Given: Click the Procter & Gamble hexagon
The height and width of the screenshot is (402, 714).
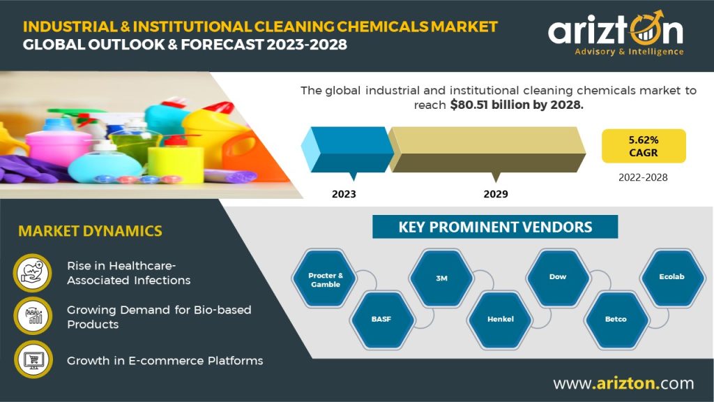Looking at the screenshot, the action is (x=325, y=278).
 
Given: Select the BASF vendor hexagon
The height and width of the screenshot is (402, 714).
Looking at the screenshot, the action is (x=381, y=320).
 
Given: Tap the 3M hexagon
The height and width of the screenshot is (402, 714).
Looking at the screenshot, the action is (x=441, y=278).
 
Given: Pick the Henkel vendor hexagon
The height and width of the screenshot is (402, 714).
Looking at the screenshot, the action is (x=500, y=320).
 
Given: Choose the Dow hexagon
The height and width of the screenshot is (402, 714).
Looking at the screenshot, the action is (x=559, y=278).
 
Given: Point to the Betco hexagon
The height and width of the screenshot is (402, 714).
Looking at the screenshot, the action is (x=616, y=320).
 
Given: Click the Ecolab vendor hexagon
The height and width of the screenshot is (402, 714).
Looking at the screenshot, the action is (x=672, y=278).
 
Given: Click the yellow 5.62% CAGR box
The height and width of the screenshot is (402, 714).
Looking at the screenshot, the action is (x=644, y=146).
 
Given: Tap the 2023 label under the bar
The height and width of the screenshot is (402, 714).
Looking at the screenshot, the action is (x=344, y=194).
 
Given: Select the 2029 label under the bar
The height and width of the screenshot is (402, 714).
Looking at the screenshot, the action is (x=496, y=194).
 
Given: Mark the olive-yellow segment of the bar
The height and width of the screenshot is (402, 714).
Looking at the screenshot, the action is (x=487, y=149).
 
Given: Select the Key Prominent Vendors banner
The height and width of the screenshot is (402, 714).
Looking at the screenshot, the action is (x=495, y=227).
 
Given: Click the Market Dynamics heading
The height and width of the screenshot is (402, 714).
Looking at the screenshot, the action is (x=90, y=231).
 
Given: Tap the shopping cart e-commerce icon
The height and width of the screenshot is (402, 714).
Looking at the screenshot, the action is (x=33, y=359).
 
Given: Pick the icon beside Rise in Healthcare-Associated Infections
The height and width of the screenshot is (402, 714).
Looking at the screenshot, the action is (x=32, y=273).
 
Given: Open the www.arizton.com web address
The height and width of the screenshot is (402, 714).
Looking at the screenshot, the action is (x=624, y=383).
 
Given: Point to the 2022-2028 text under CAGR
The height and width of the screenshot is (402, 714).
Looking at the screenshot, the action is (x=643, y=177).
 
